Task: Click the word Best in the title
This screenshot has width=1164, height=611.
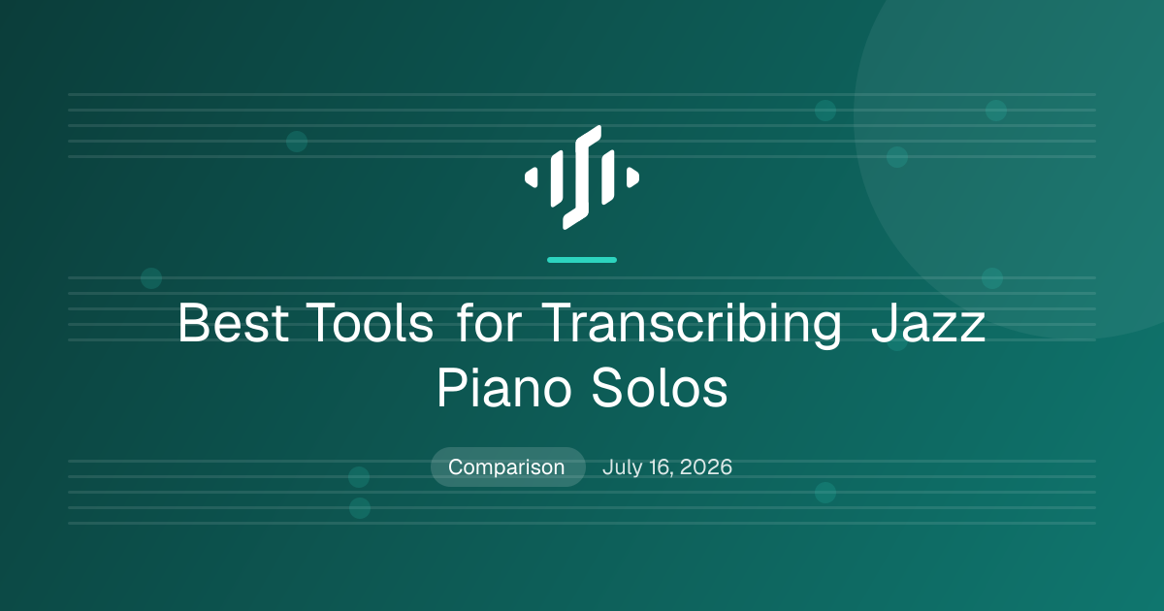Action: [x=234, y=323]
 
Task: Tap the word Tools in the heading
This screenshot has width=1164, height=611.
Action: [x=370, y=323]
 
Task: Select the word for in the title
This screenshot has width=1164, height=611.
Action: [x=490, y=322]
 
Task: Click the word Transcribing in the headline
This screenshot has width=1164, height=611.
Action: [x=691, y=324]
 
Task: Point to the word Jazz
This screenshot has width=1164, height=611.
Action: [x=928, y=323]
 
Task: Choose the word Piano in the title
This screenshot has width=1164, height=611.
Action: [x=503, y=388]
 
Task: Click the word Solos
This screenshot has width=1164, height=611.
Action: [x=660, y=388]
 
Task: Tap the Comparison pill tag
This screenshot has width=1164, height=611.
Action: [x=507, y=467]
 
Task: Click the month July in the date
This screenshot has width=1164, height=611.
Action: [x=622, y=467]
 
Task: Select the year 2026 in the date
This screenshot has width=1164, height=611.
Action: [x=706, y=467]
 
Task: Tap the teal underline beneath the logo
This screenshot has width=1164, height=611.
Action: [x=582, y=260]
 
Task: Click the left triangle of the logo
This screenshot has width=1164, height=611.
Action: [x=532, y=177]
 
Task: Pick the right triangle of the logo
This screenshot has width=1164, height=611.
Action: [x=632, y=177]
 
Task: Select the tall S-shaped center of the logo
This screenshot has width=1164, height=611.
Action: [x=582, y=177]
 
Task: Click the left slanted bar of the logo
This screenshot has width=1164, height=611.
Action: [x=557, y=178]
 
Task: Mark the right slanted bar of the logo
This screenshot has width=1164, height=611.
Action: [x=608, y=177]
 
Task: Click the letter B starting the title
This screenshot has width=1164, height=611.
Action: [x=194, y=323]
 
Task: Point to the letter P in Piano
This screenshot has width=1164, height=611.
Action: [x=452, y=388]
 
